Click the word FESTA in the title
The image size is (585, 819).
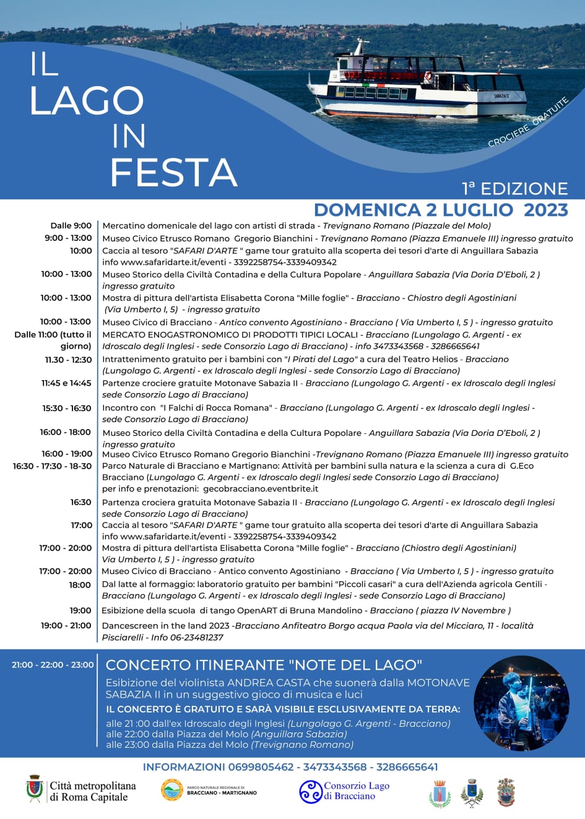(174, 172)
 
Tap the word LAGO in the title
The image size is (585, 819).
(87, 100)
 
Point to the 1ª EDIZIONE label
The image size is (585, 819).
(514, 189)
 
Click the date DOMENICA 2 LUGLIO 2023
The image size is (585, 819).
(441, 210)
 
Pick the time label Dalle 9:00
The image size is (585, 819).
(71, 226)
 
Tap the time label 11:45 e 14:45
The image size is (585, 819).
(66, 383)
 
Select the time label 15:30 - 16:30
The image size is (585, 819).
(67, 409)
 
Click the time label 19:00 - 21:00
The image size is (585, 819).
(66, 626)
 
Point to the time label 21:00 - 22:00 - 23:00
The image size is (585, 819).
(53, 665)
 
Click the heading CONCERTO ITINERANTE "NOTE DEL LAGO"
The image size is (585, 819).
(264, 665)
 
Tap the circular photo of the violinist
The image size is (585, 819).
(521, 703)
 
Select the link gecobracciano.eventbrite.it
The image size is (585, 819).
(261, 489)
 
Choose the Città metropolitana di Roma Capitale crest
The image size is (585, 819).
(35, 789)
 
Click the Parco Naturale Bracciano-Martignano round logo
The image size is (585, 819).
(172, 791)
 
